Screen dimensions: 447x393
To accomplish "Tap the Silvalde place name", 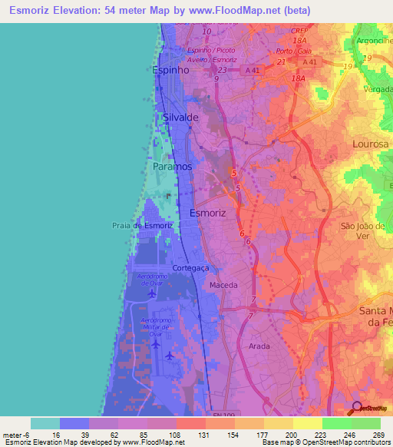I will coord(181,118).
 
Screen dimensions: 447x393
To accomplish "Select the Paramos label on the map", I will coord(172,166).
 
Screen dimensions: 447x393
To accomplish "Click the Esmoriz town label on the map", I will coord(207,214).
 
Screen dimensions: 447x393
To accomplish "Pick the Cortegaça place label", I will coord(191,268).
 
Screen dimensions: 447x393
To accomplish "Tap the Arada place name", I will coord(259,346).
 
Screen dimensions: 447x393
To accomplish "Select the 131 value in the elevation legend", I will coord(206,434).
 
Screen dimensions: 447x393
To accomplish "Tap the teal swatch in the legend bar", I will coord(45,423).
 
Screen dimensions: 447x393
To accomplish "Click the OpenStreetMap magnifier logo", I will coord(357,407).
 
